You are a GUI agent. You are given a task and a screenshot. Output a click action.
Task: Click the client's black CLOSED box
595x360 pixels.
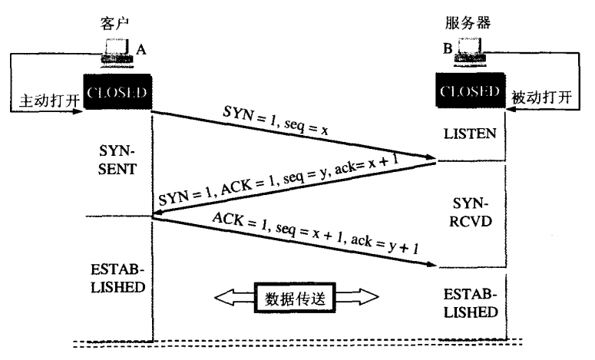click(x=116, y=92)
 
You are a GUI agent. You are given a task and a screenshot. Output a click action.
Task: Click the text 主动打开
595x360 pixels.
click(x=41, y=100)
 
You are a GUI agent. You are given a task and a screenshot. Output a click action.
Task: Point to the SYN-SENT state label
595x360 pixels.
click(x=117, y=158)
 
